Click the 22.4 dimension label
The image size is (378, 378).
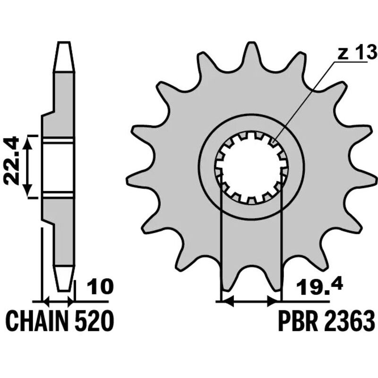tap(11, 161)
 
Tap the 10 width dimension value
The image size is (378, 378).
tap(100, 287)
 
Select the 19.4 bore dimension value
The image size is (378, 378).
tap(319, 287)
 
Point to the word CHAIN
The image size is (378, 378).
tap(37, 321)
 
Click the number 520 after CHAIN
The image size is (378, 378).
tap(94, 321)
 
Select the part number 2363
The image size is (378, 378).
tap(349, 321)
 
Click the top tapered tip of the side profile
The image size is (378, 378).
tap(64, 57)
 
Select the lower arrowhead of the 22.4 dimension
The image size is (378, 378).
tap(28, 190)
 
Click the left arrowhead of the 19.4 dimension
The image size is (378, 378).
tap(228, 301)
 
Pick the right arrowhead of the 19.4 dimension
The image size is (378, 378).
tap(275, 301)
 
